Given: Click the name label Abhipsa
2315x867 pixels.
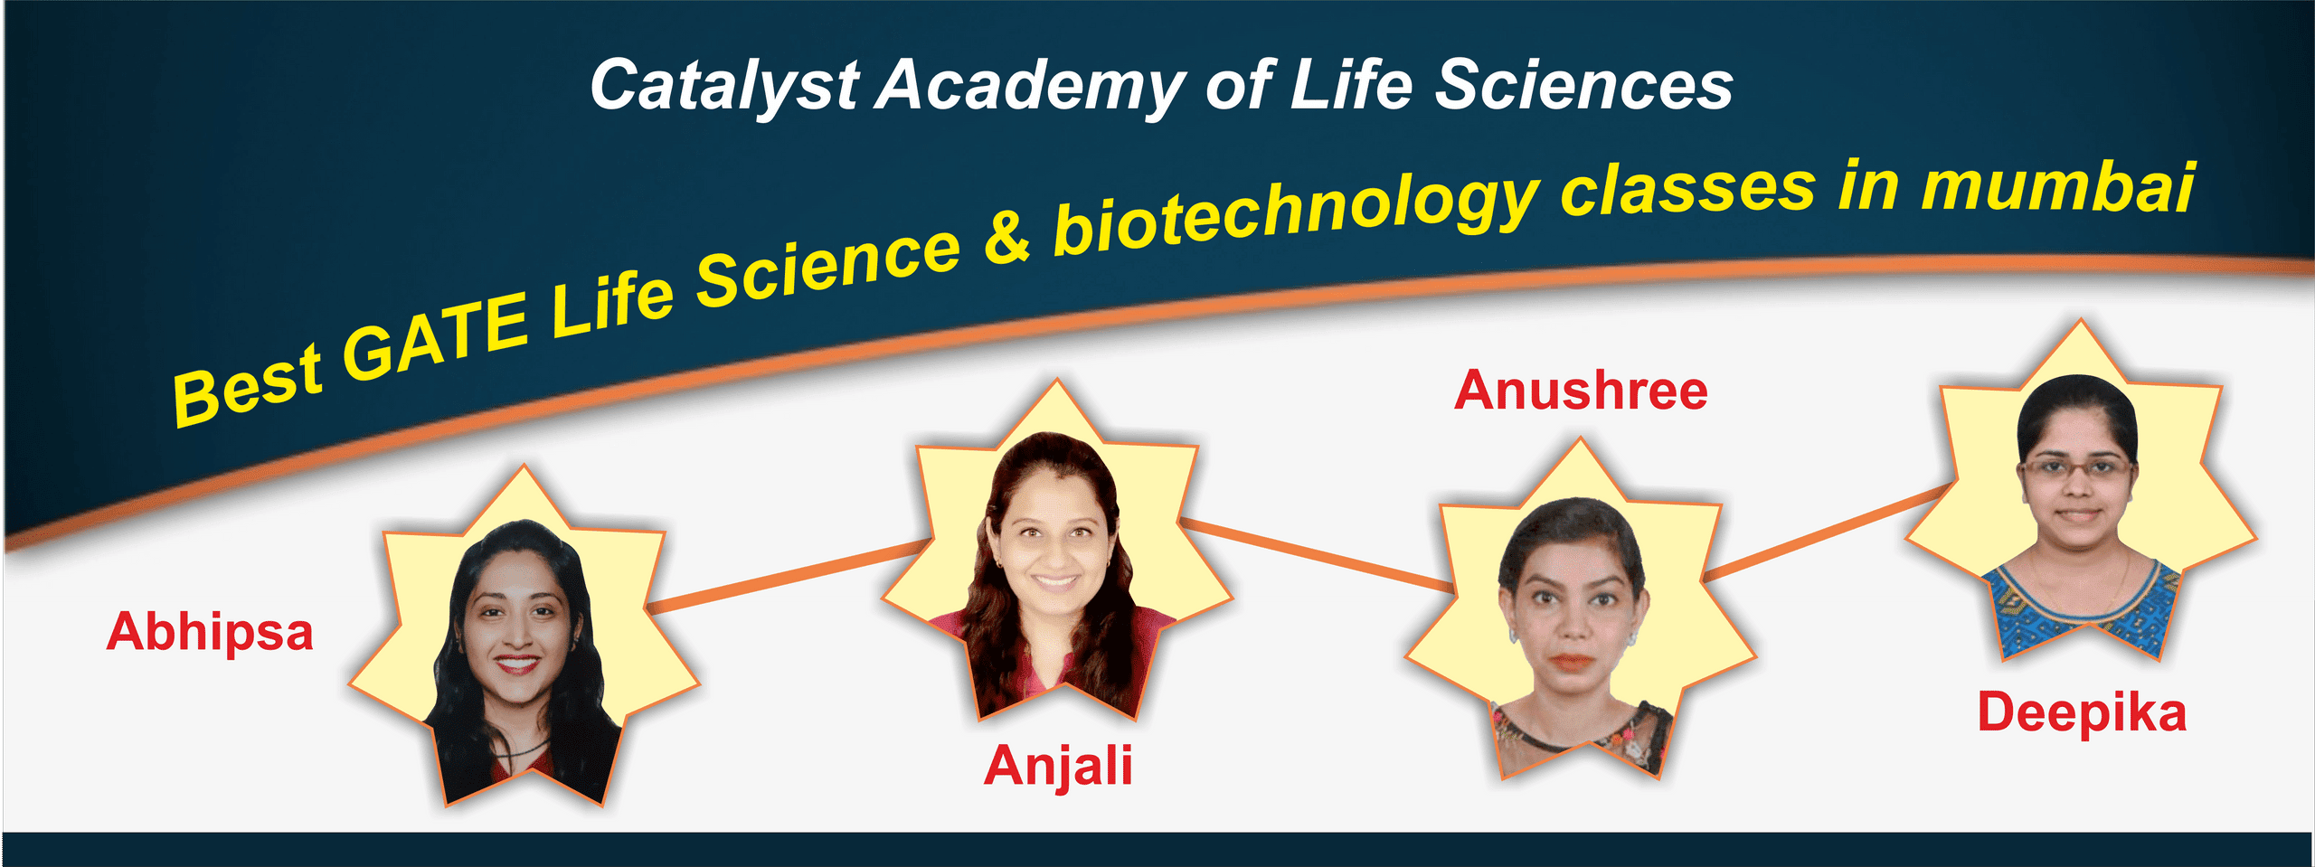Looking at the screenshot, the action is pyautogui.click(x=210, y=633).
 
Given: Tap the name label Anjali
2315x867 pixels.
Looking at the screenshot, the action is pyautogui.click(x=1058, y=767).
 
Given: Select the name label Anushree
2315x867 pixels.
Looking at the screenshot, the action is pyautogui.click(x=1581, y=391).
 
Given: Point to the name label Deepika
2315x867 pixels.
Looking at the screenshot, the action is pyautogui.click(x=2082, y=714).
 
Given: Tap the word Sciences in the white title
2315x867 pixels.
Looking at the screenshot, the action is pyautogui.click(x=1584, y=85).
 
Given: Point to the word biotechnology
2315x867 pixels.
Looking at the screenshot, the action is pyautogui.click(x=1296, y=212).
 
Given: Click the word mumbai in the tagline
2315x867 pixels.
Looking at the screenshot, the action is pyautogui.click(x=2058, y=188).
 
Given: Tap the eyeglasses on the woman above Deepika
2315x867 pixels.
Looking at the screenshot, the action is pyautogui.click(x=2077, y=468).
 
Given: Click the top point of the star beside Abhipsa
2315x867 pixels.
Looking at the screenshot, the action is pyautogui.click(x=524, y=465).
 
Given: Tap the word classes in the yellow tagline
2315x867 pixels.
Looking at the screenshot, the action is pyautogui.click(x=1687, y=190).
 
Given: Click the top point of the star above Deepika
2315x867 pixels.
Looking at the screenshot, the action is pyautogui.click(x=2081, y=318).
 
